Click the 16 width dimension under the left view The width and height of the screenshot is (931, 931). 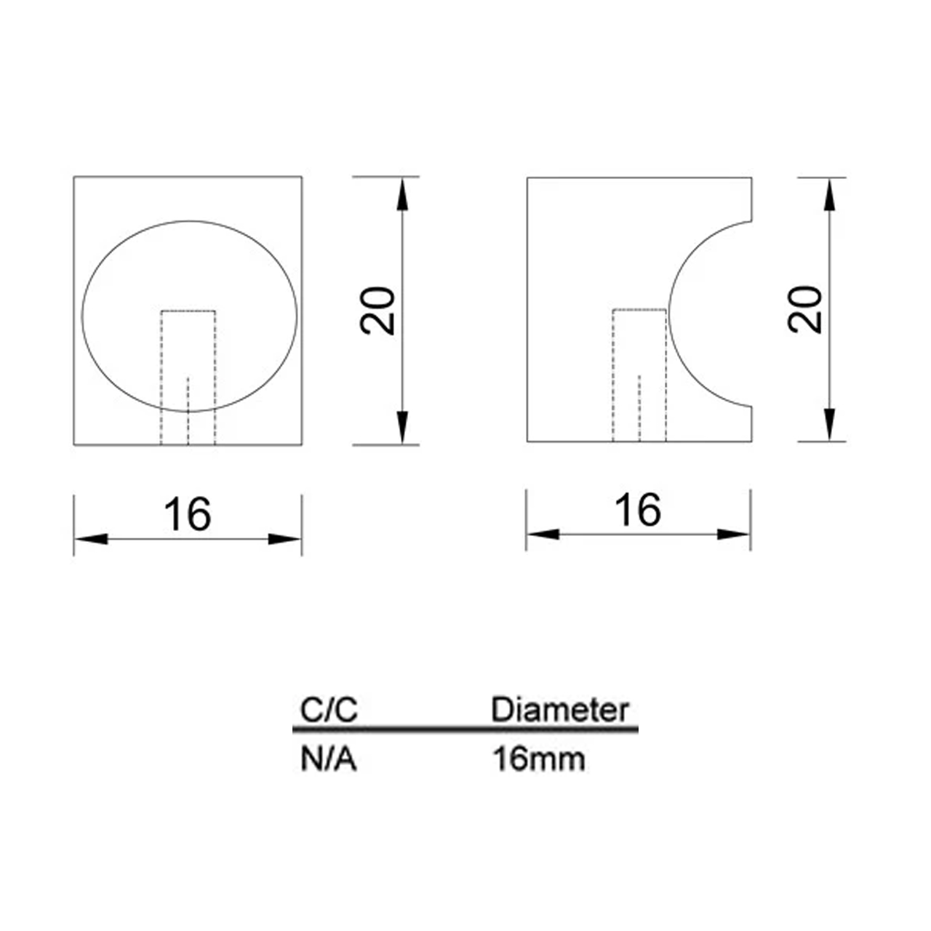coord(188,514)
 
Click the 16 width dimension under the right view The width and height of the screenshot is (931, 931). coord(638,510)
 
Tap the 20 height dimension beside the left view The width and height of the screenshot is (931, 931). coord(377,311)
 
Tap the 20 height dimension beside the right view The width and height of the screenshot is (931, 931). coord(804,310)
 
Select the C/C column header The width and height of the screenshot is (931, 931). coord(329,710)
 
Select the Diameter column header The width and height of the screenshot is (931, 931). coord(560,710)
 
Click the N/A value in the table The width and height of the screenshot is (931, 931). coord(329,759)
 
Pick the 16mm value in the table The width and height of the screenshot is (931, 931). coord(539,759)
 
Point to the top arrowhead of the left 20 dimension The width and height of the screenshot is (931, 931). coord(402,194)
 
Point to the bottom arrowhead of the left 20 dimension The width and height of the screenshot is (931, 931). coord(402,428)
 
